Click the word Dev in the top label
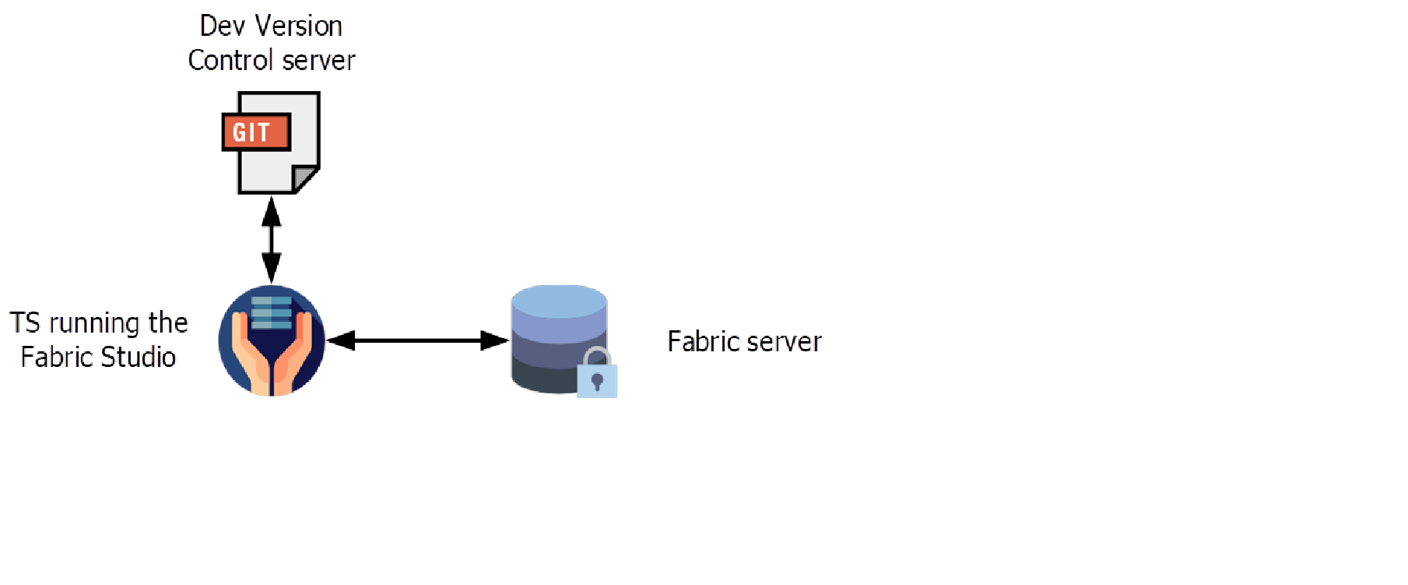pyautogui.click(x=216, y=26)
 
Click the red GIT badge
pyautogui.click(x=256, y=132)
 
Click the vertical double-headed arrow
pyautogui.click(x=271, y=240)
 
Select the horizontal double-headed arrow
pyautogui.click(x=418, y=340)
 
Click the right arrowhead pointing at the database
pyautogui.click(x=495, y=340)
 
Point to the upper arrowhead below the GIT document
pyautogui.click(x=271, y=212)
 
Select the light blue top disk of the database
pyautogui.click(x=559, y=301)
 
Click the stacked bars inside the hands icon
pyautogui.click(x=272, y=312)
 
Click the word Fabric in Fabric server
pyautogui.click(x=700, y=342)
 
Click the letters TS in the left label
pyautogui.click(x=25, y=323)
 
